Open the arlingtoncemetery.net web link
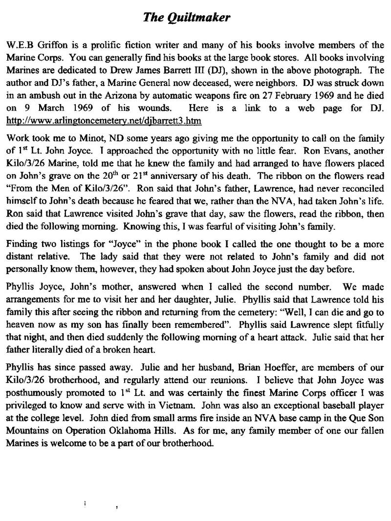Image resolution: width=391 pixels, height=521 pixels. pos(104,120)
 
